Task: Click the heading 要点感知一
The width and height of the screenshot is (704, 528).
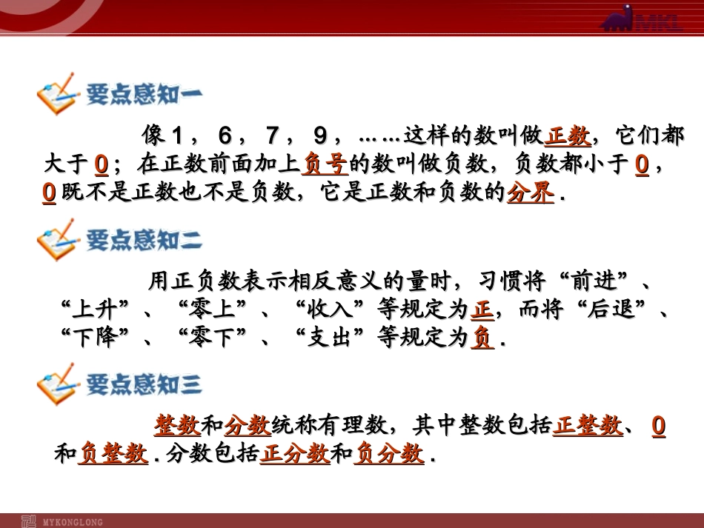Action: tap(144, 95)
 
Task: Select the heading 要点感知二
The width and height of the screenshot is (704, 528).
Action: tap(144, 240)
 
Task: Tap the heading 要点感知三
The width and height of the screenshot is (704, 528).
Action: tap(144, 384)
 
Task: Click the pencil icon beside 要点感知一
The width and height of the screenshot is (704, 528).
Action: tap(57, 93)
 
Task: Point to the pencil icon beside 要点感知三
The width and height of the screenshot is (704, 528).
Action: tap(57, 384)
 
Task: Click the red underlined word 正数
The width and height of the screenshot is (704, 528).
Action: tap(568, 136)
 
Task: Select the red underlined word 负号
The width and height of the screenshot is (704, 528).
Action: tap(325, 164)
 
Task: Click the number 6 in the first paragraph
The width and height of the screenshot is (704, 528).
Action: tap(225, 136)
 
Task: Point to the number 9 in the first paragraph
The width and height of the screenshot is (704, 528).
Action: tap(319, 136)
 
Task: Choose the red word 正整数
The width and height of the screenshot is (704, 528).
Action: tap(588, 426)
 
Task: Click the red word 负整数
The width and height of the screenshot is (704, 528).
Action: tap(113, 453)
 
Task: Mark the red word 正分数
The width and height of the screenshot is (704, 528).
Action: tap(295, 453)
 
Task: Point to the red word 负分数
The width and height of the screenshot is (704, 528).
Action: tap(390, 453)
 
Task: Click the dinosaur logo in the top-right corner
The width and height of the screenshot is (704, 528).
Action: tap(629, 20)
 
